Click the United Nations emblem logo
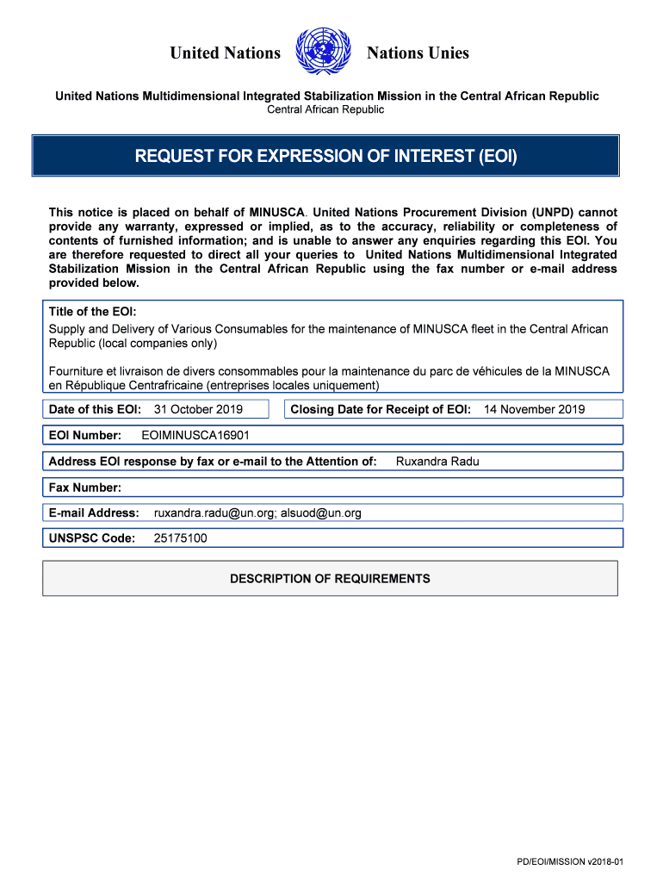(324, 52)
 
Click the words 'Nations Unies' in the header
(418, 53)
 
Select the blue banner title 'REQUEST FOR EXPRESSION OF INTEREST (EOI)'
(325, 156)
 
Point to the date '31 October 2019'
(198, 409)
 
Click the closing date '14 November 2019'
(534, 409)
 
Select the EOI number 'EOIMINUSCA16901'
(195, 435)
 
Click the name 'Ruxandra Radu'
(437, 461)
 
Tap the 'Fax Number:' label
(85, 488)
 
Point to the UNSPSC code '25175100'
(180, 538)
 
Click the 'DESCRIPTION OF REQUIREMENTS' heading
(330, 579)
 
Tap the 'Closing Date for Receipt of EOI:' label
(381, 409)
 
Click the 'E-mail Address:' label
(94, 512)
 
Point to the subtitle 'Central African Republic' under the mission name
(325, 109)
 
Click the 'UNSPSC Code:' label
(92, 538)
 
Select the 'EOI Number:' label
(85, 435)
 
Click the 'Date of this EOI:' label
(95, 409)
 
